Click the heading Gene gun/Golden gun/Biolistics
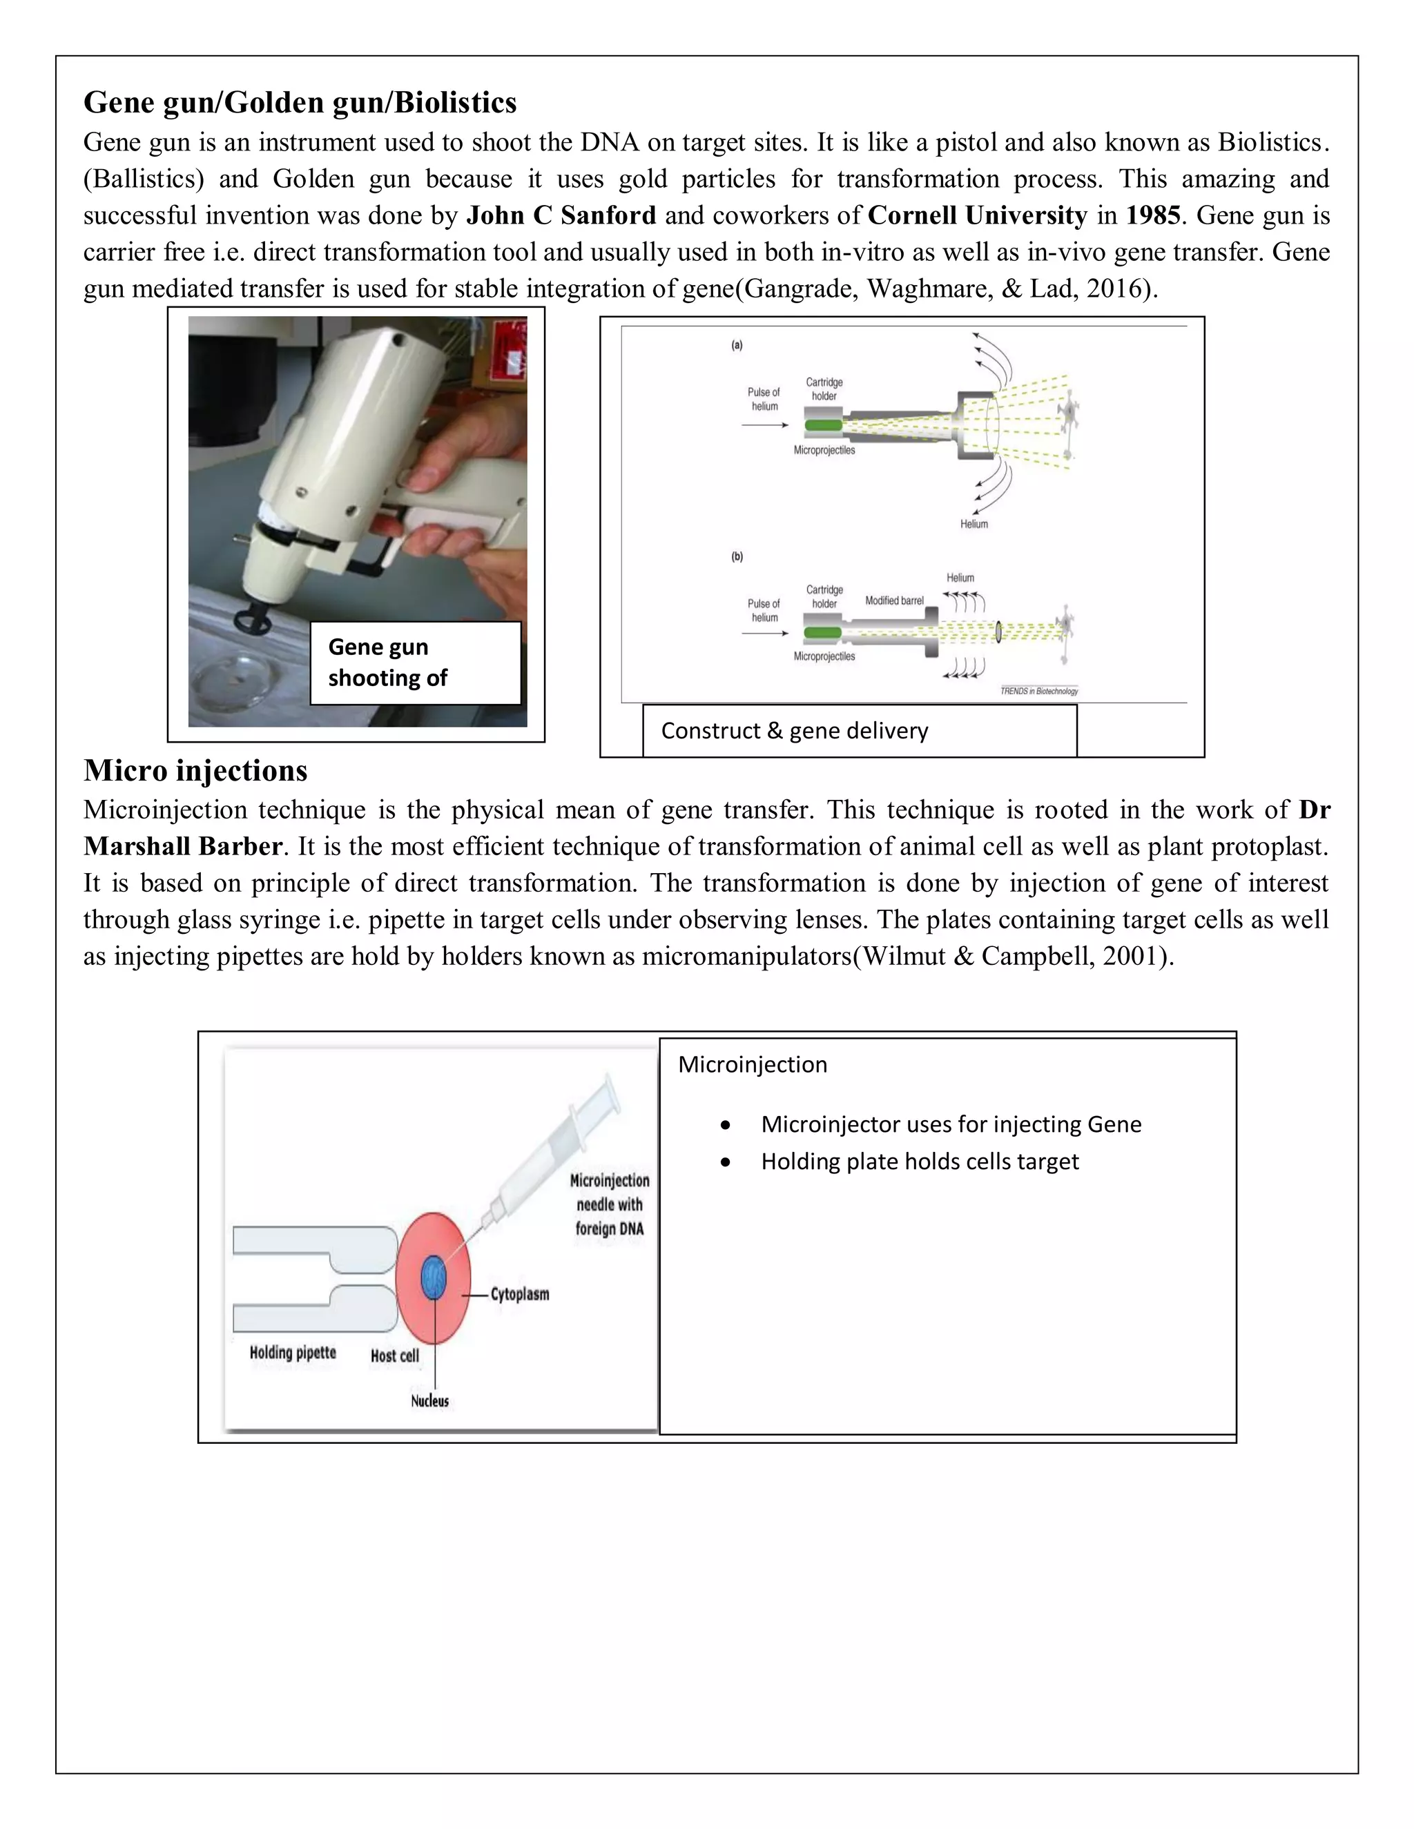click(300, 102)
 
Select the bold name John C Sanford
click(561, 215)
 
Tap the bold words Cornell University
click(977, 215)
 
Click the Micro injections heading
click(195, 770)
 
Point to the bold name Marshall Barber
click(182, 847)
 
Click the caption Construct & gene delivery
click(794, 731)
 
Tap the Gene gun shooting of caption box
click(416, 663)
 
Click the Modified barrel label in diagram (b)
click(894, 600)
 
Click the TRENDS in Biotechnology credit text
click(1038, 691)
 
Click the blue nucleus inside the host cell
click(433, 1279)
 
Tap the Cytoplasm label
click(519, 1294)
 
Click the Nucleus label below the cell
click(429, 1401)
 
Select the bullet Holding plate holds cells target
click(919, 1162)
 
